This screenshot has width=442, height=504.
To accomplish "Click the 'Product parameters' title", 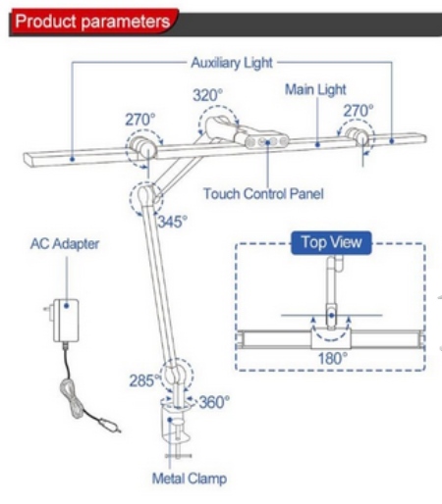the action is (x=92, y=22).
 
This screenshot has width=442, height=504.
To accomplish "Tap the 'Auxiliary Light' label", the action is (x=232, y=63).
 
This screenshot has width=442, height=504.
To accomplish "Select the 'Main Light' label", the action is (x=315, y=89).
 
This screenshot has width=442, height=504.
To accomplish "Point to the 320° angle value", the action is (x=207, y=95).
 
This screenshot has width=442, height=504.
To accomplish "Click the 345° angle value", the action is (x=173, y=222).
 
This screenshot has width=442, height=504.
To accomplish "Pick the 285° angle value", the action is (x=144, y=380).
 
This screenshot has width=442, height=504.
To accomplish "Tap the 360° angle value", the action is (x=214, y=402).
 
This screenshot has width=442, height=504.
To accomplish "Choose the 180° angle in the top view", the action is (x=332, y=359).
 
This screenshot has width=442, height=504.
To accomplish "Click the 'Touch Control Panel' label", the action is (x=263, y=194).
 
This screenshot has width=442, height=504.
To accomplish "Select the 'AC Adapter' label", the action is (x=65, y=244).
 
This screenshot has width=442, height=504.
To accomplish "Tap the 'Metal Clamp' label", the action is (x=190, y=479).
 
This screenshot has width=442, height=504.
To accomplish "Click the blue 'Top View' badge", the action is (x=331, y=242).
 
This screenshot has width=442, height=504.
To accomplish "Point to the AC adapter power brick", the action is (x=66, y=321).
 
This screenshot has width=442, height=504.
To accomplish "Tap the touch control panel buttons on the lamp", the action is (x=267, y=142).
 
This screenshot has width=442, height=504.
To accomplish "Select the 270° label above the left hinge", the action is (x=140, y=120).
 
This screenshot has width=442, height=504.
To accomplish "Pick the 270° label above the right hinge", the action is (x=359, y=111).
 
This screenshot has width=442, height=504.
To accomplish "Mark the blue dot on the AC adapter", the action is (x=67, y=306).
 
